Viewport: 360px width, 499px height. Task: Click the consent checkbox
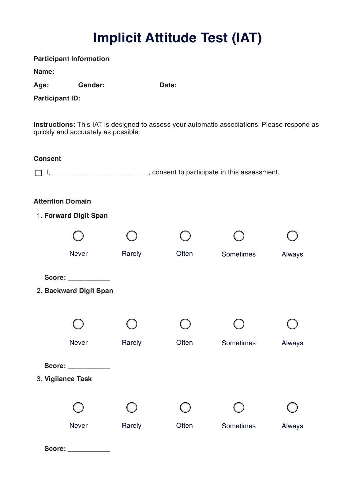tap(38, 173)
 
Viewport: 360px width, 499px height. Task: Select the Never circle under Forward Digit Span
tap(78, 236)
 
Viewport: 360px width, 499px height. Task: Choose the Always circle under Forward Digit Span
tap(292, 236)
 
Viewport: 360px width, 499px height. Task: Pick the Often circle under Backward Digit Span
tap(185, 324)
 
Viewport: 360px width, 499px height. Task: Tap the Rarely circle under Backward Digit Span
tap(132, 324)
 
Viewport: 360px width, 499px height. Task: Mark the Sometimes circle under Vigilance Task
tap(239, 407)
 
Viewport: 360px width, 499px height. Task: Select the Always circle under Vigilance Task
tap(292, 407)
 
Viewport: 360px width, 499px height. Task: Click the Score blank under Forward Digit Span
tap(89, 278)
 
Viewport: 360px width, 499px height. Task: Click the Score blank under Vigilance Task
tap(89, 449)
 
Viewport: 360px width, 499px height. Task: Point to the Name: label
tap(44, 72)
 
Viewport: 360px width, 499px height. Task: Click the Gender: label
tap(91, 85)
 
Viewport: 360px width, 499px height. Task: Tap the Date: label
tap(168, 85)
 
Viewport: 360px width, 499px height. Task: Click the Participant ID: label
tap(57, 98)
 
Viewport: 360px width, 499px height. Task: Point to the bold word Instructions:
tap(54, 125)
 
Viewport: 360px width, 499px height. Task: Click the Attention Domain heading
tap(62, 201)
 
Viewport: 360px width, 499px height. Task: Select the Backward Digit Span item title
tap(79, 291)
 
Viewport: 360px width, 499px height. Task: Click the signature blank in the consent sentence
tap(100, 172)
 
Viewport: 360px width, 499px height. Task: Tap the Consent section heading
tap(47, 159)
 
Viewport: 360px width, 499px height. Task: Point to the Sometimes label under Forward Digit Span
tap(238, 254)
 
